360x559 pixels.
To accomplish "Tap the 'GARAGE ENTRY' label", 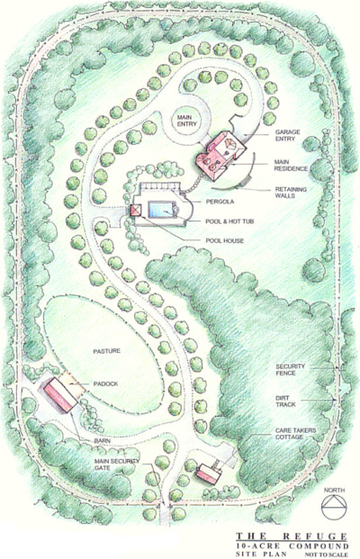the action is pyautogui.click(x=287, y=135).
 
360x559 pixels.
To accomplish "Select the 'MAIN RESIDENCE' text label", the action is pyautogui.click(x=291, y=166).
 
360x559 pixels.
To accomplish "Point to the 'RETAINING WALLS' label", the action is pyautogui.click(x=291, y=193).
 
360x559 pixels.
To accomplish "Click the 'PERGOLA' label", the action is pyautogui.click(x=220, y=202).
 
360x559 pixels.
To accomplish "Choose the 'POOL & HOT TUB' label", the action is pyautogui.click(x=229, y=221).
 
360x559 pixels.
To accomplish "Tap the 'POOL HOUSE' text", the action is pyautogui.click(x=225, y=240).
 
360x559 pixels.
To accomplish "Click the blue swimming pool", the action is pyautogui.click(x=160, y=210).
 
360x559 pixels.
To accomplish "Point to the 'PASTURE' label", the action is pyautogui.click(x=106, y=351).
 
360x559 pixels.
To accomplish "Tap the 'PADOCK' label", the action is pyautogui.click(x=105, y=384).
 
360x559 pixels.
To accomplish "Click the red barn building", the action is pyautogui.click(x=60, y=395).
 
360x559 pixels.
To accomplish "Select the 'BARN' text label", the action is pyautogui.click(x=103, y=441).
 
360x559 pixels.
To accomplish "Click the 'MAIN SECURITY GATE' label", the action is pyautogui.click(x=117, y=464).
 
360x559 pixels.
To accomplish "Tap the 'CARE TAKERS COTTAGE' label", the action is pyautogui.click(x=295, y=434).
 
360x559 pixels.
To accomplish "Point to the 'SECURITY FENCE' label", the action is pyautogui.click(x=290, y=370).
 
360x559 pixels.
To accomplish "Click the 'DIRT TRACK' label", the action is pyautogui.click(x=285, y=401).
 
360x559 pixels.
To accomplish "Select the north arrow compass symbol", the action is pyautogui.click(x=334, y=506).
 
